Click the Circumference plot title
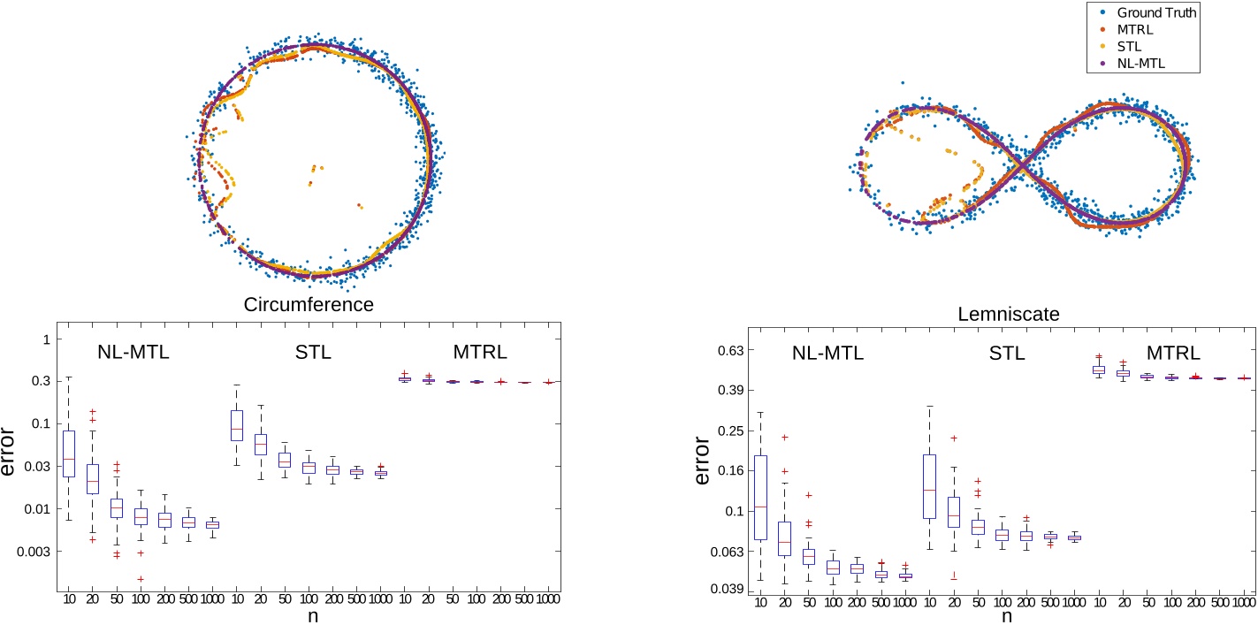coord(308,305)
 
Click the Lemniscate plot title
coord(1009,314)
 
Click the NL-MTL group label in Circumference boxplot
coord(133,353)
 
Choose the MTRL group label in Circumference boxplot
coord(480,353)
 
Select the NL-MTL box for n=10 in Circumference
coord(69,454)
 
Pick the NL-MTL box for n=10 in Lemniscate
coord(760,497)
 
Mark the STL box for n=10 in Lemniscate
coord(929,486)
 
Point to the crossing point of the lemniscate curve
coord(1022,165)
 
